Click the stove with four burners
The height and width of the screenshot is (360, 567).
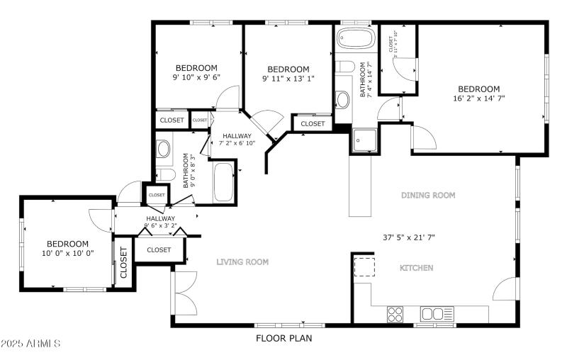click(395, 313)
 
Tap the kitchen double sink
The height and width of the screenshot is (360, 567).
click(437, 313)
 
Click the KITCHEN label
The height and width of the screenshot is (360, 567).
click(417, 268)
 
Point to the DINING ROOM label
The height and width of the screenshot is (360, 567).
click(428, 195)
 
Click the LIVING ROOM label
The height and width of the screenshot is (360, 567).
click(242, 262)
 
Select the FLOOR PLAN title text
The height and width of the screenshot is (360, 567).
click(283, 339)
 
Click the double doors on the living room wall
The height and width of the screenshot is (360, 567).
click(185, 292)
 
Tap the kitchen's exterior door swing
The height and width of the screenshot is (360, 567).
click(506, 289)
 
